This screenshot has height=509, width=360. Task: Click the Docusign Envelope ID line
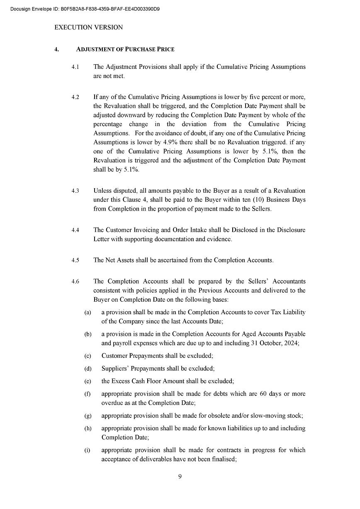pos(85,9)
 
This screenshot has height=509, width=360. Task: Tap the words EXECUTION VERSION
pos(88,27)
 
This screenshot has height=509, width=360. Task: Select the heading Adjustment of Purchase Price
pos(125,49)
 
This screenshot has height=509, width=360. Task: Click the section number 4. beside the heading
pos(56,49)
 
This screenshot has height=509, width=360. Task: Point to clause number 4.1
pos(75,67)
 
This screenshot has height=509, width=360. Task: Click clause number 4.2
pos(75,97)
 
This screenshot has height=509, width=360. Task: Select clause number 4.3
pos(75,191)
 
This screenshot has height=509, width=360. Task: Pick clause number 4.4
pos(75,230)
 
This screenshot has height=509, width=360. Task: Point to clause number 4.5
pos(75,260)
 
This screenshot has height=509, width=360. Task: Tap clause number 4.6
pos(75,282)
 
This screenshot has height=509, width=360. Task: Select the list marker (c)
pos(88,356)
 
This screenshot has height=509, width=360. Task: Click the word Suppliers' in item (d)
pos(115,368)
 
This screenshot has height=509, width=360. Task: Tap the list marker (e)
pos(88,381)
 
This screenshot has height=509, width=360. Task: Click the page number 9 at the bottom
pos(180,477)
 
